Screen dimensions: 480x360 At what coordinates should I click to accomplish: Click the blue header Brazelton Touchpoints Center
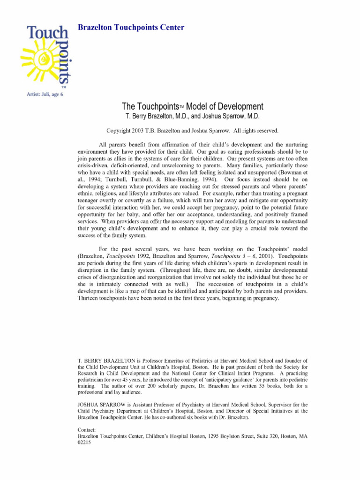[x=130, y=27]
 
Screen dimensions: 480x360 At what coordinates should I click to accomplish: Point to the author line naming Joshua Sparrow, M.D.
[x=235, y=116]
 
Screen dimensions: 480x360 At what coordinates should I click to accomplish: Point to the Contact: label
[x=86, y=429]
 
